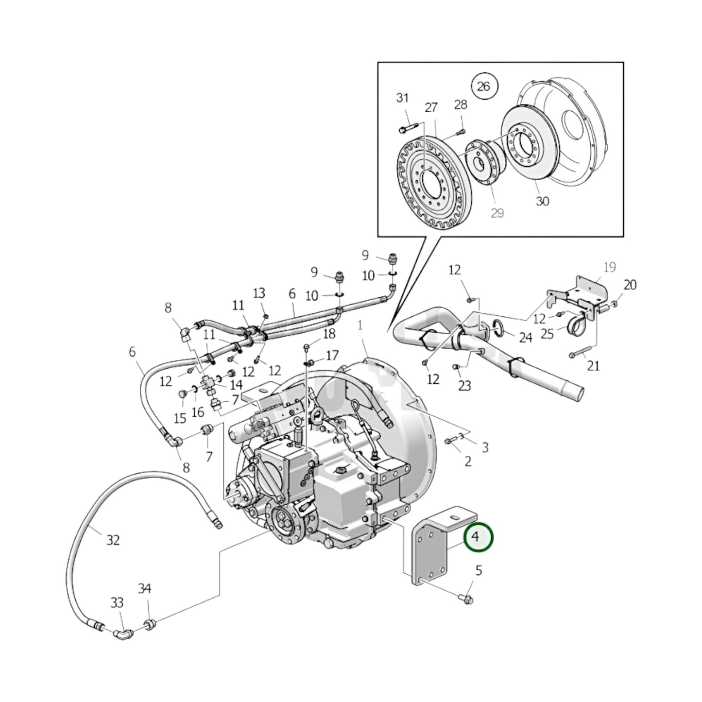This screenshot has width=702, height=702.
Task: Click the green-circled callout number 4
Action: point(478,537)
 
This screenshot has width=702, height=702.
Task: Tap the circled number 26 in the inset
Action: point(483,86)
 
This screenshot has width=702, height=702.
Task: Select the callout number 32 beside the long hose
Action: point(113,540)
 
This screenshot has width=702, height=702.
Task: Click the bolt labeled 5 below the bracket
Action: point(467,599)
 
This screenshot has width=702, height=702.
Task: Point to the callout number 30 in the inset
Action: point(542,201)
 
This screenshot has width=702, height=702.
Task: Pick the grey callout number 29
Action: point(497,213)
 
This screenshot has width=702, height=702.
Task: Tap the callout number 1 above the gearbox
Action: point(360,325)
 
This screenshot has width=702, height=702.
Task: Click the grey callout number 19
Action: point(609,267)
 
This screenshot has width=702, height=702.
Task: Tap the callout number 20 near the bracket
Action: point(630,285)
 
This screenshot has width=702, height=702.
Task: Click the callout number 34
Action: point(144,588)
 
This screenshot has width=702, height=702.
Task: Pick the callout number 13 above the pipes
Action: point(259,293)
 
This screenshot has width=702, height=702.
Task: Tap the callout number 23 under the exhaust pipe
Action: point(464,386)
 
